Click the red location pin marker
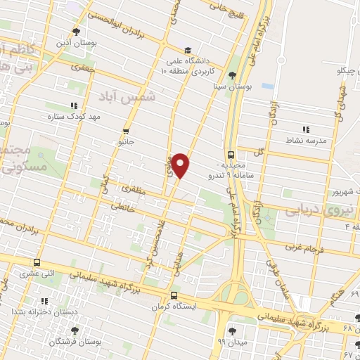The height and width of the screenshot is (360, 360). tap(182, 165)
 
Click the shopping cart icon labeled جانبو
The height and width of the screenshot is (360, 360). tap(126, 130)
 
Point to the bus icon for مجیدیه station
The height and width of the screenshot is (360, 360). tap(231, 155)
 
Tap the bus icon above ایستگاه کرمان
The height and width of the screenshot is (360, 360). tap(174, 295)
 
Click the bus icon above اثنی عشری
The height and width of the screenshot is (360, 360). tap(36, 262)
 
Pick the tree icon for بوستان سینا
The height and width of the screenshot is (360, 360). tap(232, 76)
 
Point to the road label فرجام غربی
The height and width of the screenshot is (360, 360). tap(303, 247)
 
